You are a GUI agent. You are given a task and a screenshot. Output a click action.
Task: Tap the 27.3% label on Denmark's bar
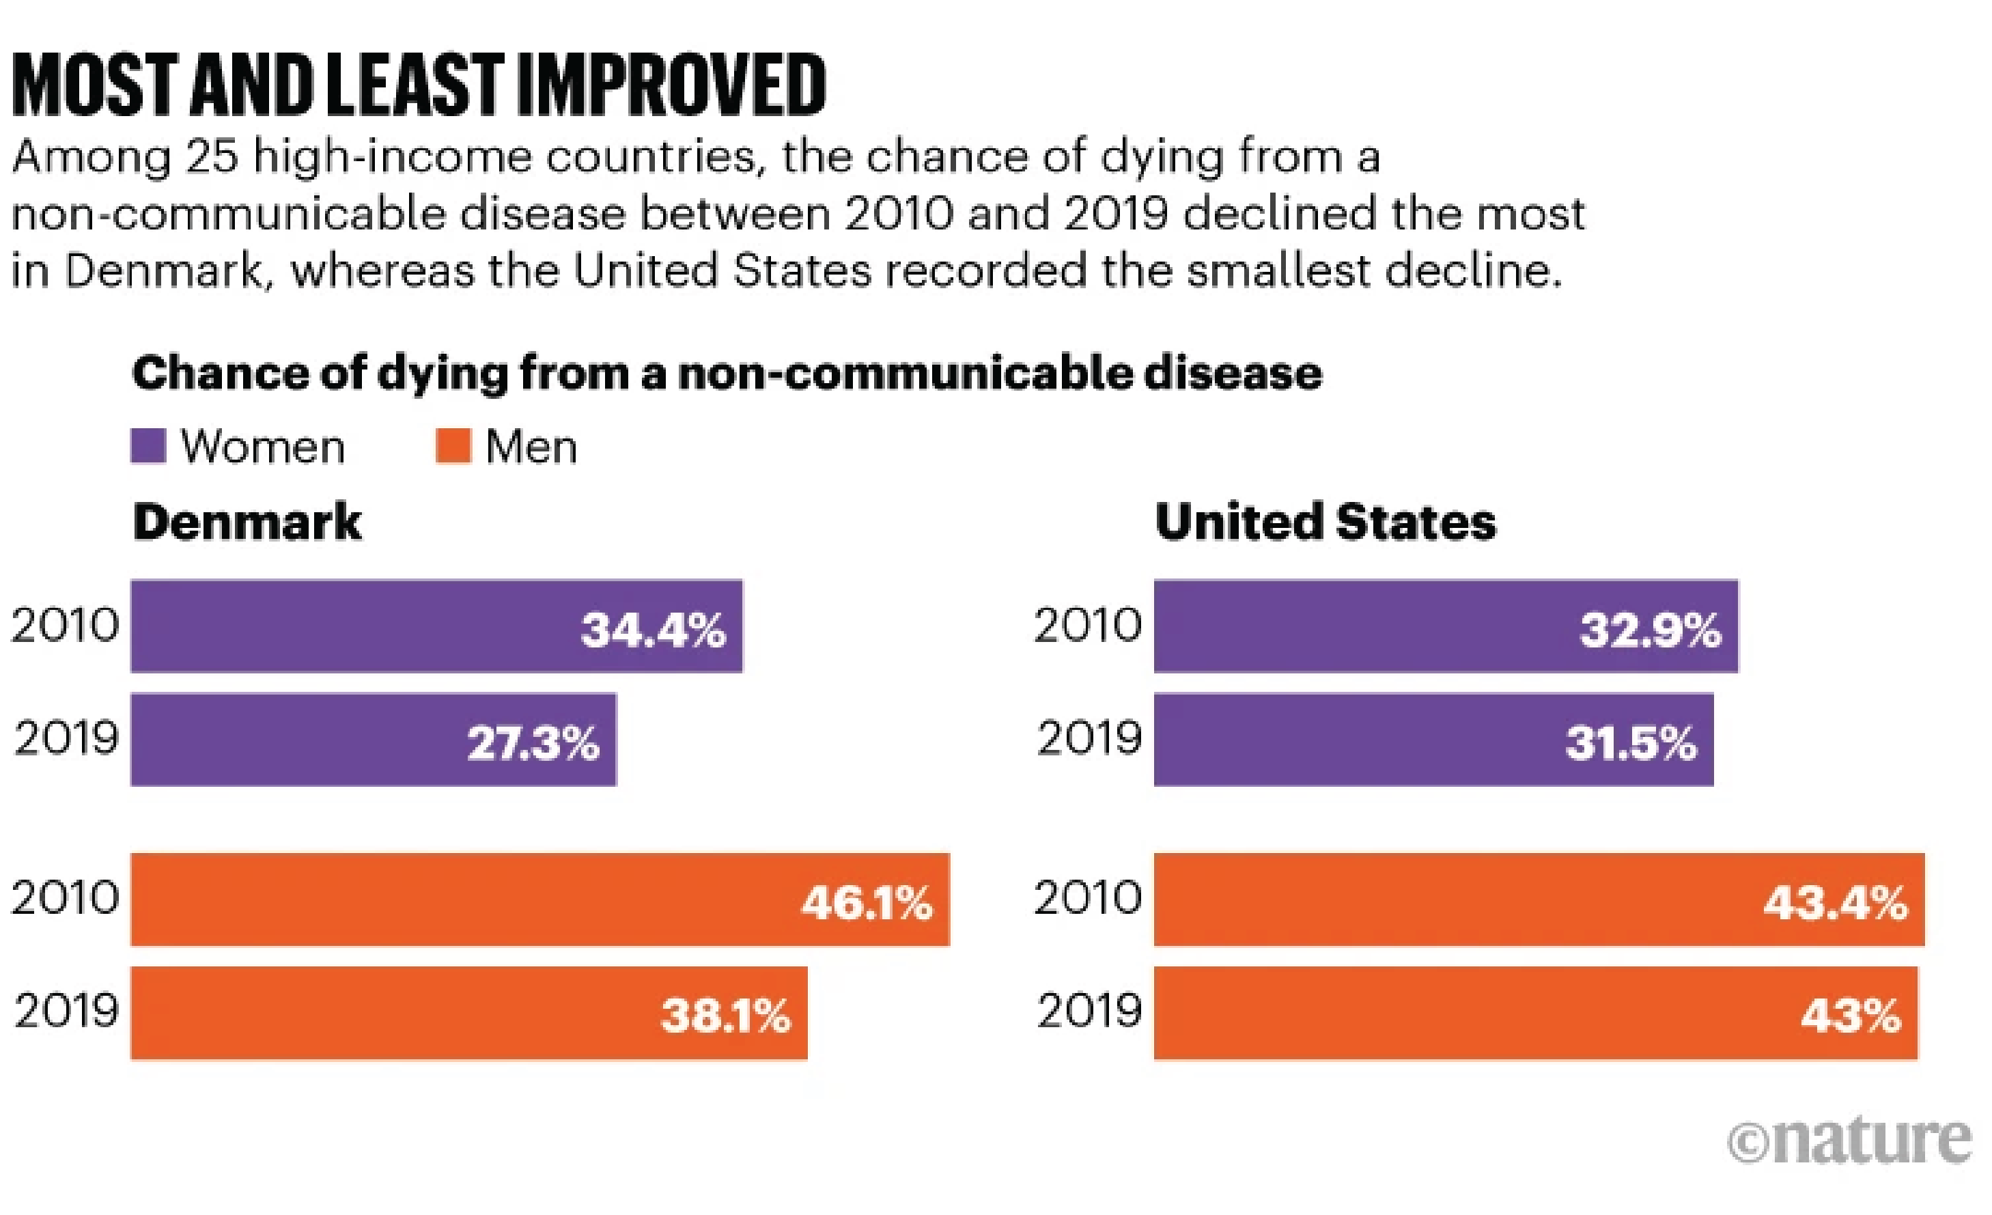(x=533, y=743)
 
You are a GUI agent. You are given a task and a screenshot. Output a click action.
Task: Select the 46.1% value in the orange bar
(x=867, y=903)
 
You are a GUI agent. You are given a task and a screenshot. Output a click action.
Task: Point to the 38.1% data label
(x=725, y=1016)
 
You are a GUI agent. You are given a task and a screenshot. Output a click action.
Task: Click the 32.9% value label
(x=1650, y=630)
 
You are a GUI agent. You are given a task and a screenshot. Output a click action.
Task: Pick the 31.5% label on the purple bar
(x=1631, y=743)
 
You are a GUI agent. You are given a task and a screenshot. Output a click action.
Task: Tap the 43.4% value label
(x=1835, y=903)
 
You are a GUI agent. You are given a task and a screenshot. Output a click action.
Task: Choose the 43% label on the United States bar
(x=1851, y=1016)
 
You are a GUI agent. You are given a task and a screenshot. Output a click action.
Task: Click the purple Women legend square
(x=149, y=446)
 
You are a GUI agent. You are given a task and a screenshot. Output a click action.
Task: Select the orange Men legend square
(x=453, y=446)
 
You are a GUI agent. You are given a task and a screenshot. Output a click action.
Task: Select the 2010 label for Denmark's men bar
(x=65, y=898)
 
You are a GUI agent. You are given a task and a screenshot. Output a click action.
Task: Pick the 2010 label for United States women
(x=1087, y=626)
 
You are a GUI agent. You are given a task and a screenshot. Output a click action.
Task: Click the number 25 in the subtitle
(x=212, y=156)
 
